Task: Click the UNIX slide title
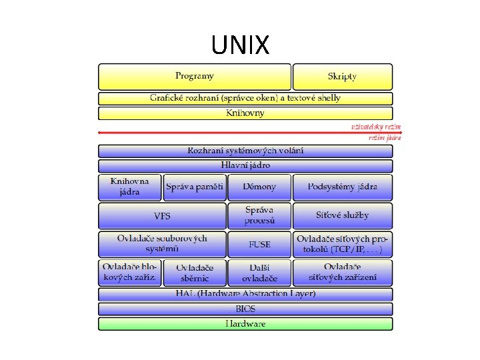coord(240,45)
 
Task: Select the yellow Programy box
coord(195,77)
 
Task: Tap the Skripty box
coord(342,77)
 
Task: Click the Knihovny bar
coord(245,113)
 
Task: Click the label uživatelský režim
coord(376,127)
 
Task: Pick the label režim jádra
coord(385,139)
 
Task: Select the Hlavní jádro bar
coord(245,166)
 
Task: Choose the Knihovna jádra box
coord(130,187)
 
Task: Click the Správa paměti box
coord(195,187)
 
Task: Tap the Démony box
coord(259,187)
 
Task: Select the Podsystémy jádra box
coord(342,187)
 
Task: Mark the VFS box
coord(162,216)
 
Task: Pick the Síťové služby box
coord(342,216)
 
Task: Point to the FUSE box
coord(259,245)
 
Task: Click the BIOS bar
coord(245,309)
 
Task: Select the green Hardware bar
coord(245,324)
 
